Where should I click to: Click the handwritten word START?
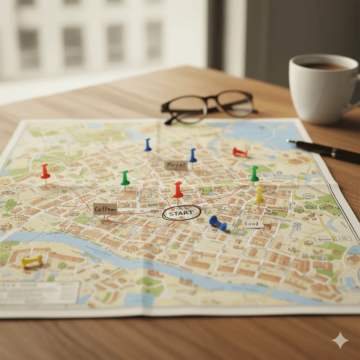pos(181,213)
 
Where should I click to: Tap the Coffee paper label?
pos(105,209)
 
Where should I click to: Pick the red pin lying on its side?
pos(240,152)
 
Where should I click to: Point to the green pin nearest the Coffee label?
pos(125,178)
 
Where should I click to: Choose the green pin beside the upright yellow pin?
pos(254,174)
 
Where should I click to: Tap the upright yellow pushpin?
pos(259,195)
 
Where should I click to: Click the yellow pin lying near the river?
pos(32,261)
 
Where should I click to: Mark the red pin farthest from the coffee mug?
pos(45,171)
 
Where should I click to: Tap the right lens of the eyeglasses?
pos(235,103)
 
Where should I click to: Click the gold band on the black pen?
pos(333,152)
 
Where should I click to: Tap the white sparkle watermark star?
pos(340,340)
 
